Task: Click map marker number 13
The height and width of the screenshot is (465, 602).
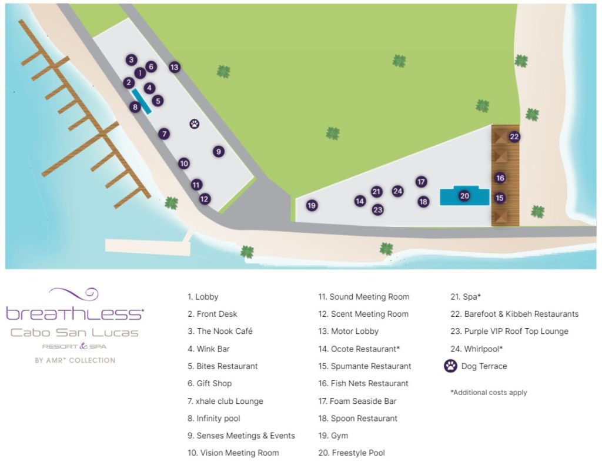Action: pyautogui.click(x=174, y=67)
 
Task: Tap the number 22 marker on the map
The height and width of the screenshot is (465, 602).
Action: pyautogui.click(x=514, y=137)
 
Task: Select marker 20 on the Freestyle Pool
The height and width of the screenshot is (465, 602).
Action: pyautogui.click(x=464, y=196)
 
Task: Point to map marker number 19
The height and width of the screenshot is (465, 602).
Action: pyautogui.click(x=312, y=205)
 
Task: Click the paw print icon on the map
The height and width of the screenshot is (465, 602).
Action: pyautogui.click(x=195, y=123)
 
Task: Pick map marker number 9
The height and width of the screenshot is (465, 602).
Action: pyautogui.click(x=219, y=151)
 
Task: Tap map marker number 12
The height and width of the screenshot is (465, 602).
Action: pyautogui.click(x=204, y=199)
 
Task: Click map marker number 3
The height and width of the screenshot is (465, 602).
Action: pyautogui.click(x=131, y=59)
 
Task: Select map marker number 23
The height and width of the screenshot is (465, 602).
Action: pyautogui.click(x=377, y=209)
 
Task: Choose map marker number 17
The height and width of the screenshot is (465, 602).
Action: pyautogui.click(x=421, y=182)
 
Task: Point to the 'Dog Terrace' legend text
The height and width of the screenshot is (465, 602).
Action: pyautogui.click(x=485, y=366)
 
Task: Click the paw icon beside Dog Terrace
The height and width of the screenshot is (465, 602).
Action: pyautogui.click(x=451, y=366)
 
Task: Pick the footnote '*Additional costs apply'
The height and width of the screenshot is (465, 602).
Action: pyautogui.click(x=489, y=392)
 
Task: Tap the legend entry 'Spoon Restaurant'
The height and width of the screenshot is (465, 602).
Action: pyautogui.click(x=358, y=419)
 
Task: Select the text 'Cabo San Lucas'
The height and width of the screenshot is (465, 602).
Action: pyautogui.click(x=75, y=333)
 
